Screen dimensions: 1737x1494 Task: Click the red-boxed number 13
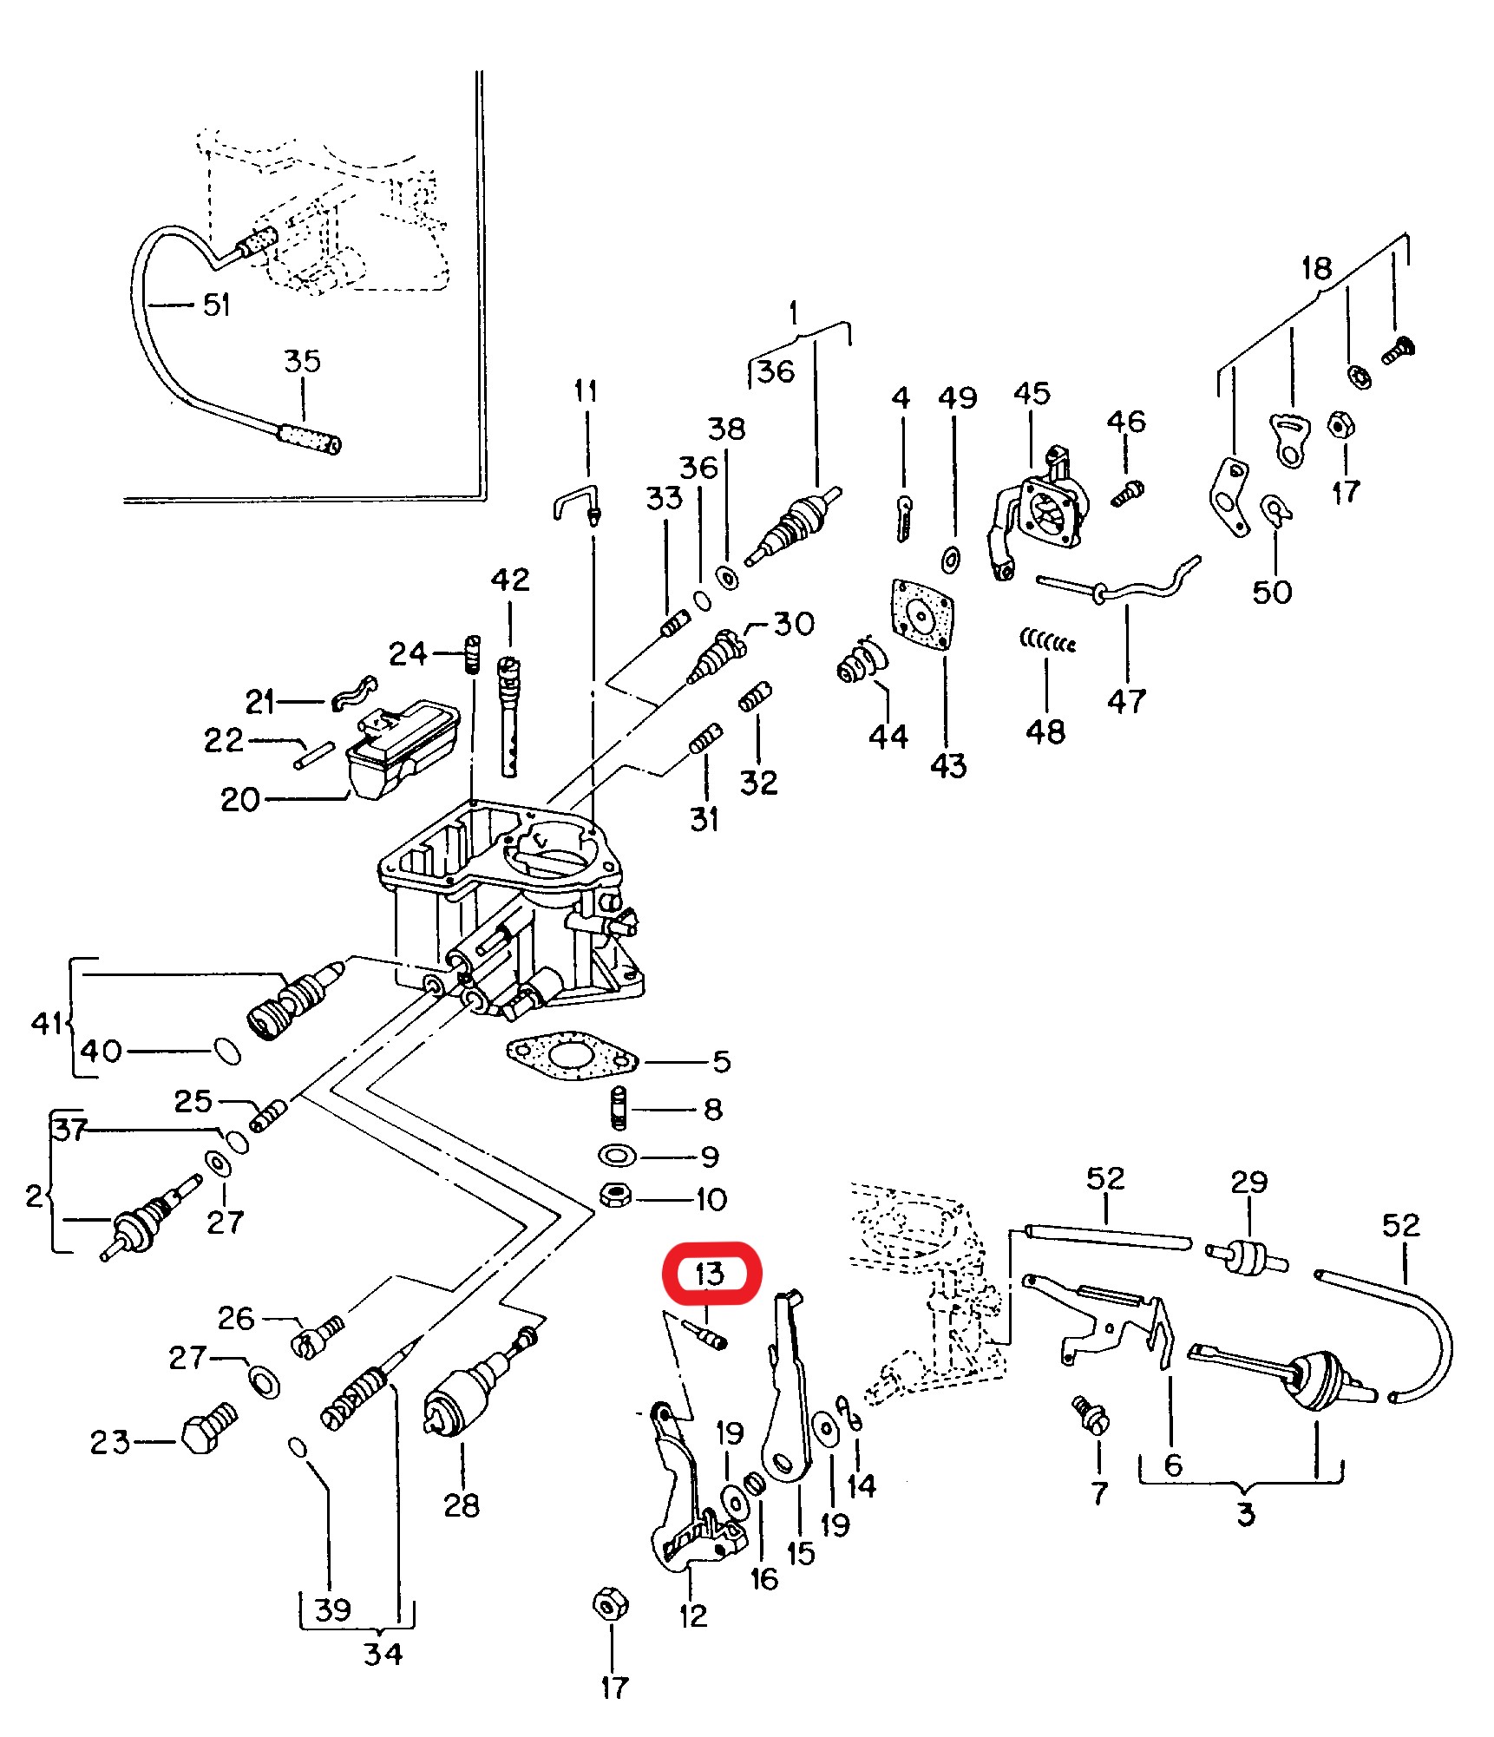tap(710, 1274)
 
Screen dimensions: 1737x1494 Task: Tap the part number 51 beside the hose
tap(216, 305)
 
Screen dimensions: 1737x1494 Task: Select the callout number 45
tap(1031, 394)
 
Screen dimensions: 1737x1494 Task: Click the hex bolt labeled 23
tap(206, 1435)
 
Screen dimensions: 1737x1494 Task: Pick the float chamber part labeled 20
tap(401, 750)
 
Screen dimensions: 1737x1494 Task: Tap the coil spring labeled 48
tap(1047, 643)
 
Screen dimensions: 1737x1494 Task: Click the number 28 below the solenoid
tap(461, 1505)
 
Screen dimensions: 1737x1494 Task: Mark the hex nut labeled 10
tap(615, 1197)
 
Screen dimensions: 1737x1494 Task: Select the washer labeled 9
tap(617, 1156)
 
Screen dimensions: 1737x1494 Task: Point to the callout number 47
tap(1126, 701)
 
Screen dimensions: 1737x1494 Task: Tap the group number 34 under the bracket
tap(383, 1653)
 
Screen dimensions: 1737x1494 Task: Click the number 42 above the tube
tap(509, 580)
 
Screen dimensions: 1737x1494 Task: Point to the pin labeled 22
tap(314, 754)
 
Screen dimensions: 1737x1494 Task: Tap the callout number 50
tap(1272, 592)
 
